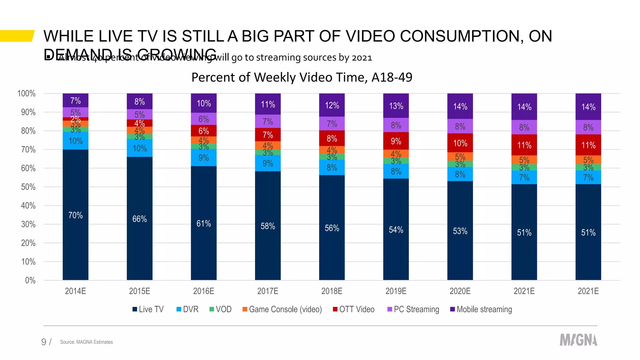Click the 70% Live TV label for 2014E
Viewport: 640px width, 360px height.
tap(75, 215)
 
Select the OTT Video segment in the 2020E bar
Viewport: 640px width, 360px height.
tap(460, 143)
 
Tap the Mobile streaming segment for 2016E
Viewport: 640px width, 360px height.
tap(204, 103)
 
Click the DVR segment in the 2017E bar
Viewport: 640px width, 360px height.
tap(268, 163)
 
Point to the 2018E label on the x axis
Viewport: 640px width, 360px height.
tap(332, 291)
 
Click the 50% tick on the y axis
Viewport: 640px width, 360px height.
tap(28, 187)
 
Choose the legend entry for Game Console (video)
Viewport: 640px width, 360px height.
tap(282, 309)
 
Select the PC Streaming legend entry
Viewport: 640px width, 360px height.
tap(413, 309)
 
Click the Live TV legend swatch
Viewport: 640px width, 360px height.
tap(135, 309)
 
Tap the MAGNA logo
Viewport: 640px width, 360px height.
tap(578, 340)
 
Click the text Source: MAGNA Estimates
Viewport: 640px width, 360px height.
tap(86, 342)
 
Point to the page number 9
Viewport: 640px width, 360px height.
tap(44, 342)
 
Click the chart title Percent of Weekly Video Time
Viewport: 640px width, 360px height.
tap(302, 77)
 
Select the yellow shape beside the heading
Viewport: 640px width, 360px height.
tap(17, 36)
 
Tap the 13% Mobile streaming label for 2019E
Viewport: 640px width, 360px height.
tap(396, 106)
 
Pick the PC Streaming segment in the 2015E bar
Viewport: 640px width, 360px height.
tap(140, 114)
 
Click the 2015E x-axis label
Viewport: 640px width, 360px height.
tap(139, 291)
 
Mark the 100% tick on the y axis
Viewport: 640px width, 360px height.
tap(27, 93)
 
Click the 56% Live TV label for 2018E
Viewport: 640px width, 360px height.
tap(332, 228)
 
